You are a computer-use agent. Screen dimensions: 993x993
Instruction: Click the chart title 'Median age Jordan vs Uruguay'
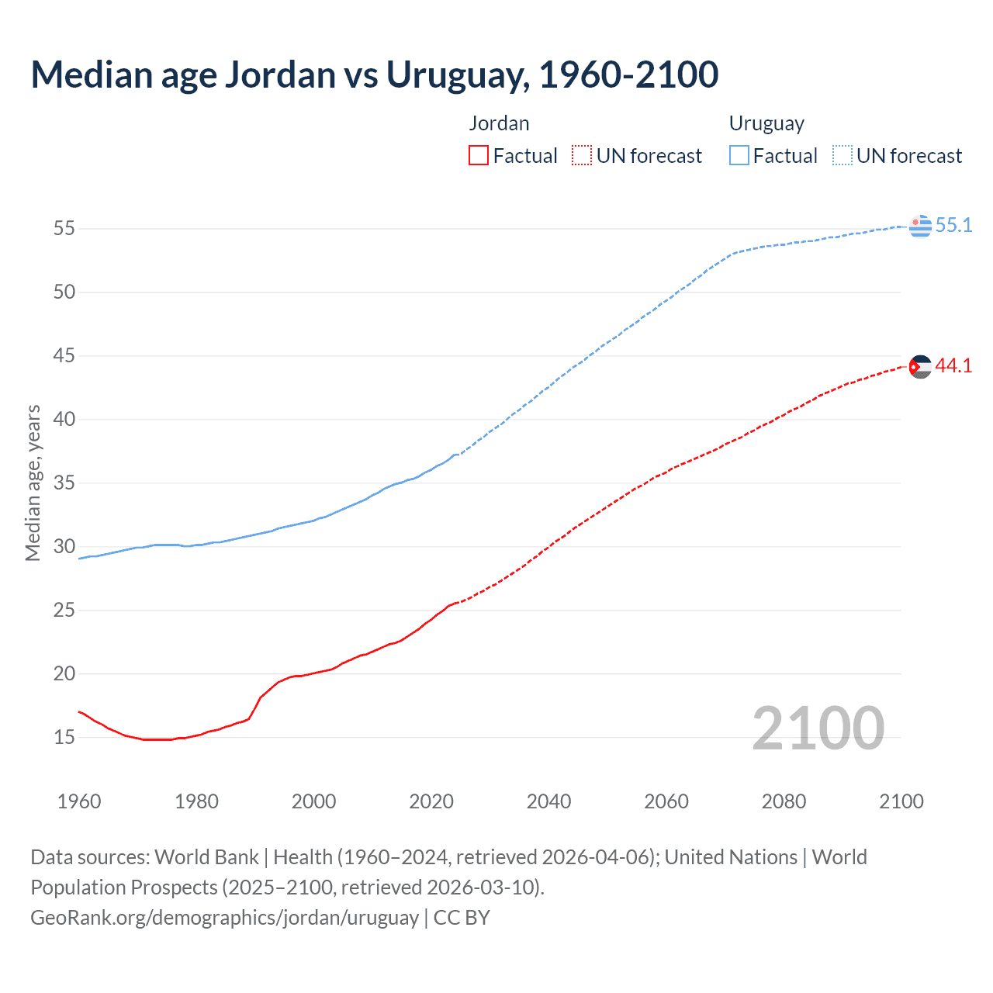click(x=374, y=74)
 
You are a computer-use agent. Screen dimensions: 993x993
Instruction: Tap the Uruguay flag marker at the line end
click(x=920, y=226)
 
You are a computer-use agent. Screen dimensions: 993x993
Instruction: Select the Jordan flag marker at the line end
click(x=920, y=366)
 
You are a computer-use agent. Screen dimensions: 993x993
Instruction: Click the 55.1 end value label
click(x=953, y=226)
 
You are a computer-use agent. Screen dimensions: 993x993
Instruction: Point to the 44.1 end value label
click(x=953, y=366)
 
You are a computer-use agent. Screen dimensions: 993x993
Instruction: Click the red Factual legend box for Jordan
click(x=479, y=156)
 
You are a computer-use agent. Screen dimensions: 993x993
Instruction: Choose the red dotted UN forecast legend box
click(x=582, y=156)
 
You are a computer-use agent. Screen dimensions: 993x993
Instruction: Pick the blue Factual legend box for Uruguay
click(x=739, y=156)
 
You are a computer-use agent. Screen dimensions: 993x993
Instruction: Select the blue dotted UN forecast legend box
click(x=842, y=156)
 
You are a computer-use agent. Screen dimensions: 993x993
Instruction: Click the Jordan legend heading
click(x=499, y=123)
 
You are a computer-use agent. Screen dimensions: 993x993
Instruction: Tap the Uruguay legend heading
click(x=766, y=123)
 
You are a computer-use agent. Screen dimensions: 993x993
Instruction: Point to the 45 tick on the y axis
click(x=64, y=356)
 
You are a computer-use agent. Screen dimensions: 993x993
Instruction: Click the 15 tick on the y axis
click(x=64, y=737)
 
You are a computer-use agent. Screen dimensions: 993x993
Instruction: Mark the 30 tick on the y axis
click(x=64, y=547)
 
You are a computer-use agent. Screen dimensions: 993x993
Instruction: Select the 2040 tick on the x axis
click(x=548, y=801)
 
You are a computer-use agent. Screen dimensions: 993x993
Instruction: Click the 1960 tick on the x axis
click(x=79, y=801)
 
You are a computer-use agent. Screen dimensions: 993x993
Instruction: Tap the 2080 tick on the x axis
click(x=784, y=801)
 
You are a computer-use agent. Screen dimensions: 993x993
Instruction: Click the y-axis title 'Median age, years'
click(x=33, y=483)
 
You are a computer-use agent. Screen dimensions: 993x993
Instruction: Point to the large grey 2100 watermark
click(x=818, y=728)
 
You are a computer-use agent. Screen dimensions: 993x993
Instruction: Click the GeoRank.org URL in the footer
click(x=224, y=918)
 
